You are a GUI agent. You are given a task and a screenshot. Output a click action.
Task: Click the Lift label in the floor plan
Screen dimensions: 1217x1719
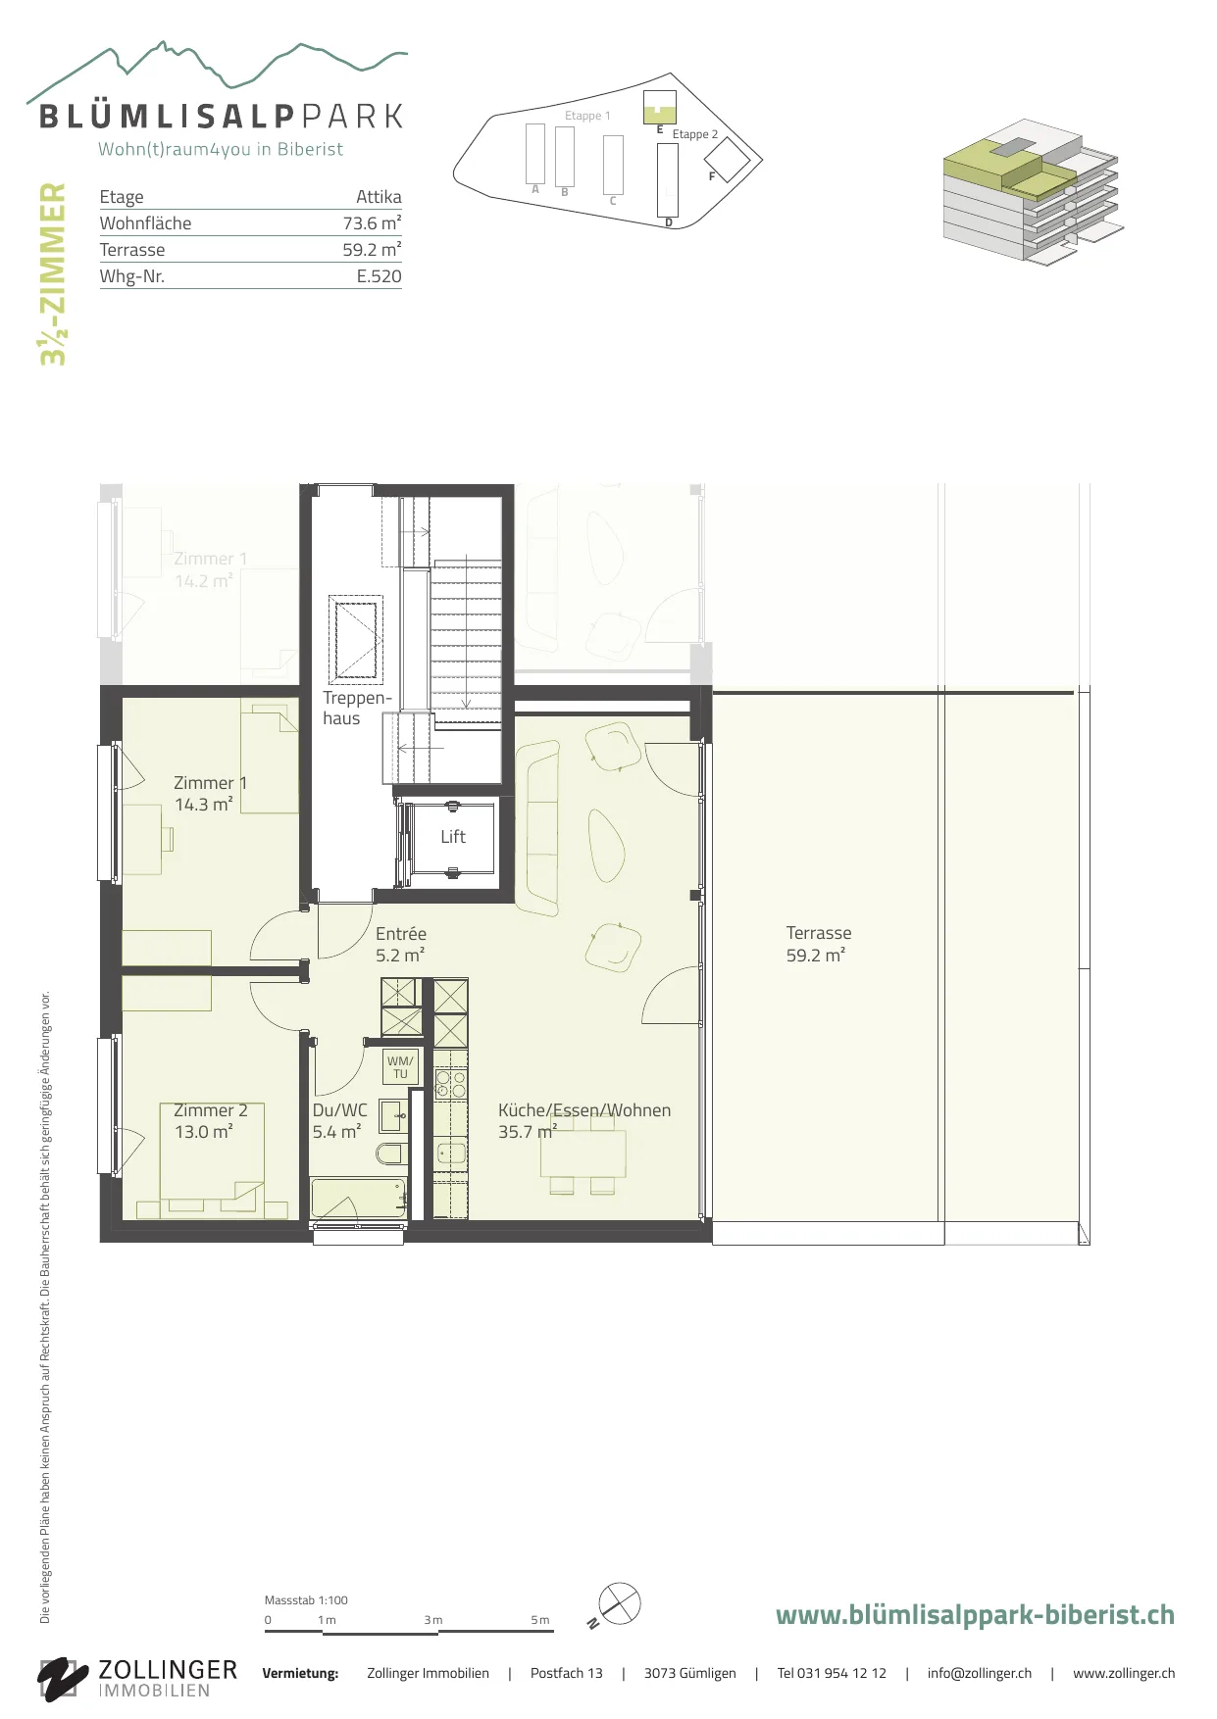click(453, 837)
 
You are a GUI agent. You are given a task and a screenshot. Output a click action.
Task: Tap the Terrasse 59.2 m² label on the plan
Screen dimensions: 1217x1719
click(819, 944)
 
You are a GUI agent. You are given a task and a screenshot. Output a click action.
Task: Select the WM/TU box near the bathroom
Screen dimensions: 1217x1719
click(400, 1067)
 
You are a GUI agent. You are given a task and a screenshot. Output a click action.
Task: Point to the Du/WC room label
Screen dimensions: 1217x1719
click(339, 1121)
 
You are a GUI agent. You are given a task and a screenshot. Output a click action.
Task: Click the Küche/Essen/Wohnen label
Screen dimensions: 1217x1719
click(584, 1121)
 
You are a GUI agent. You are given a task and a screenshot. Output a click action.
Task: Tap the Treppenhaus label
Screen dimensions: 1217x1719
click(357, 708)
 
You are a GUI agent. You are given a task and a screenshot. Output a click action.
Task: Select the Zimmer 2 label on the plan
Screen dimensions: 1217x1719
click(211, 1121)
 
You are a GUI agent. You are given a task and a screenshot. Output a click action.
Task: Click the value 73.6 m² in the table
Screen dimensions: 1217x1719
click(372, 223)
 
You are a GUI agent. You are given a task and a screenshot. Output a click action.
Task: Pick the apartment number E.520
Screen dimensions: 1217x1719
click(379, 276)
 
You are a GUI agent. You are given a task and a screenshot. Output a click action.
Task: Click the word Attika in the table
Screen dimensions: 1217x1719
click(379, 197)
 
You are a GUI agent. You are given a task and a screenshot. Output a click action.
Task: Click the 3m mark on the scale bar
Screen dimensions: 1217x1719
click(432, 1620)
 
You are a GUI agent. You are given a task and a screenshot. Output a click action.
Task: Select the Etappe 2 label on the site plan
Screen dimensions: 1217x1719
click(695, 134)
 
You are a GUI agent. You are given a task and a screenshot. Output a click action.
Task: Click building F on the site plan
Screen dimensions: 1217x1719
click(727, 159)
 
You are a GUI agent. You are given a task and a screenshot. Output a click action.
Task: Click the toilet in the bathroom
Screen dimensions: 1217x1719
click(391, 1153)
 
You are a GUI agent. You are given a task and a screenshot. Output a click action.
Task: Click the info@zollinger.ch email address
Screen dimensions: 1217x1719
click(980, 1673)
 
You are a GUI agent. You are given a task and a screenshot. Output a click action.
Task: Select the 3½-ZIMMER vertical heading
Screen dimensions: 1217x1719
click(53, 274)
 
